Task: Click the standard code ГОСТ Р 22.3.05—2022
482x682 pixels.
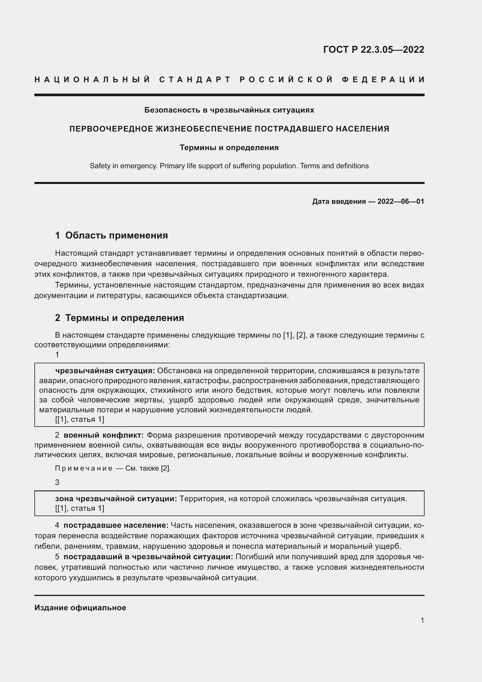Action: point(373,50)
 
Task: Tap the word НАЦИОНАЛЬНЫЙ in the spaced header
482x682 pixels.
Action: point(92,80)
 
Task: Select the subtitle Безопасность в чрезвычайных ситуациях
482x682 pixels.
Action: point(229,110)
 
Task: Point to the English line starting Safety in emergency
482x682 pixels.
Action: point(229,166)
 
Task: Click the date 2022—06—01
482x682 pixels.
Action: point(400,201)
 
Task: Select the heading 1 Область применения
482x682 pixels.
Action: point(111,235)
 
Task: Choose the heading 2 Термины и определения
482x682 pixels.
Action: point(119,318)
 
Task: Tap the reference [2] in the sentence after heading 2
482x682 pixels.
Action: point(301,335)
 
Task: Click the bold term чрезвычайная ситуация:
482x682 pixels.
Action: point(105,371)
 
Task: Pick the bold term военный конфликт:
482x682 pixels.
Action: point(103,435)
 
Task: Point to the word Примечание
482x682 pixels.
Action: point(84,469)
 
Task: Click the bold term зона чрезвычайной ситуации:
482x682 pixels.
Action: point(116,499)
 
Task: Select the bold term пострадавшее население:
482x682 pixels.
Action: point(116,525)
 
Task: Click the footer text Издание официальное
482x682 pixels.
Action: point(80,607)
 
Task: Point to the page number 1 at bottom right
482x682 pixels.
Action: point(422,620)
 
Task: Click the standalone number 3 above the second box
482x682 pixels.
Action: point(57,482)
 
